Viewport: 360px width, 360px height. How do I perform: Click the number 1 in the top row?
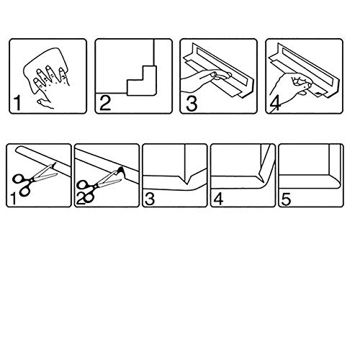17,103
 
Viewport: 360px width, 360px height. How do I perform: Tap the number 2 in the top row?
105,103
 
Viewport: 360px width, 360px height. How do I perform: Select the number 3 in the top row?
192,103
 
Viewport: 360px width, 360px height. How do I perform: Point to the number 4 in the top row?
275,104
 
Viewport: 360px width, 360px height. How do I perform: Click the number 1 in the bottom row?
13,199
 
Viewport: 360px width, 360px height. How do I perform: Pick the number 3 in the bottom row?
150,199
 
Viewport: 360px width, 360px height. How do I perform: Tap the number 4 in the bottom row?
218,199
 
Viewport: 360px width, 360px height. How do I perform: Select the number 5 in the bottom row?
286,199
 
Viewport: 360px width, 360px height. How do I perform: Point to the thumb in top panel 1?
45,104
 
